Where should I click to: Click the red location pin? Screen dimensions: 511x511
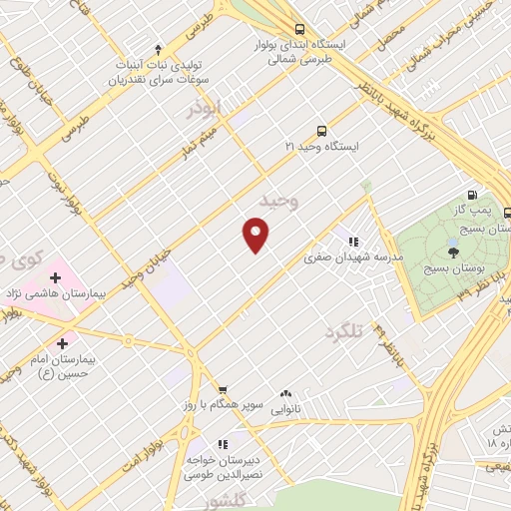[x=256, y=235]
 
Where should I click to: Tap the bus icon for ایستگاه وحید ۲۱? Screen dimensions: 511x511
[x=321, y=131]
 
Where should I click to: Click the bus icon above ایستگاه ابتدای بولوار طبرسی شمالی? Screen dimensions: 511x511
[x=300, y=29]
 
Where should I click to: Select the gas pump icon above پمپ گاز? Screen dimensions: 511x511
[x=472, y=196]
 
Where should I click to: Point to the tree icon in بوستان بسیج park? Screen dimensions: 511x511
[x=454, y=253]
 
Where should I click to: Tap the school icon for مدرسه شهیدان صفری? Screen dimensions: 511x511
[x=351, y=241]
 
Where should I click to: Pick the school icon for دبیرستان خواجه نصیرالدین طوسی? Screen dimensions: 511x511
[x=223, y=444]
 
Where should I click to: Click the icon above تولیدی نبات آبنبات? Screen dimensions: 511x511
[x=158, y=50]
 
